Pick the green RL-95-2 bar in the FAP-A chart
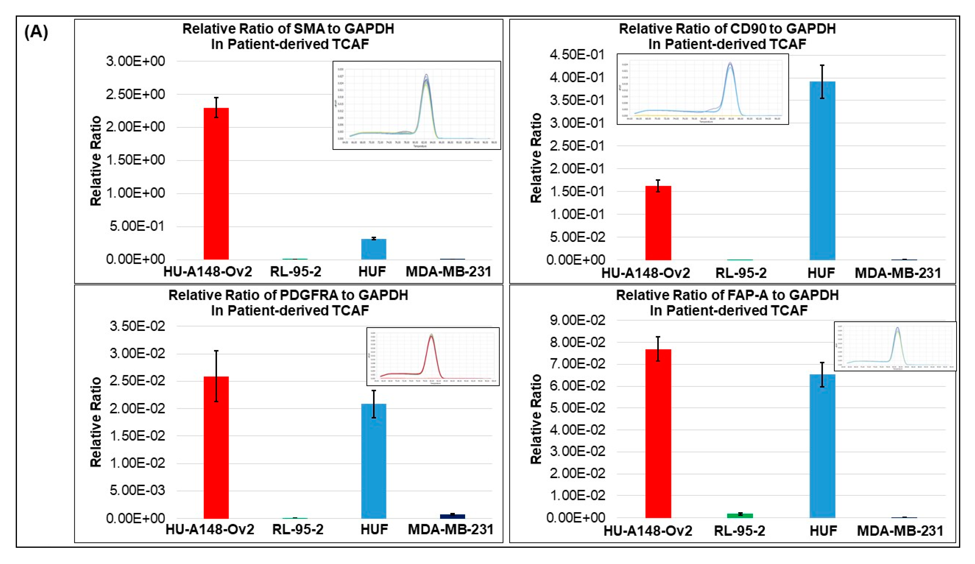740,515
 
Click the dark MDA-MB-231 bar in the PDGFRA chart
452,516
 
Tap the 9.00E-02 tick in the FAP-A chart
577,320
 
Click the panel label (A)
36,32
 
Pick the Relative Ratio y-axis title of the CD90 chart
535,158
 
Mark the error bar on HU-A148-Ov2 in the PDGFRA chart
216,375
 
